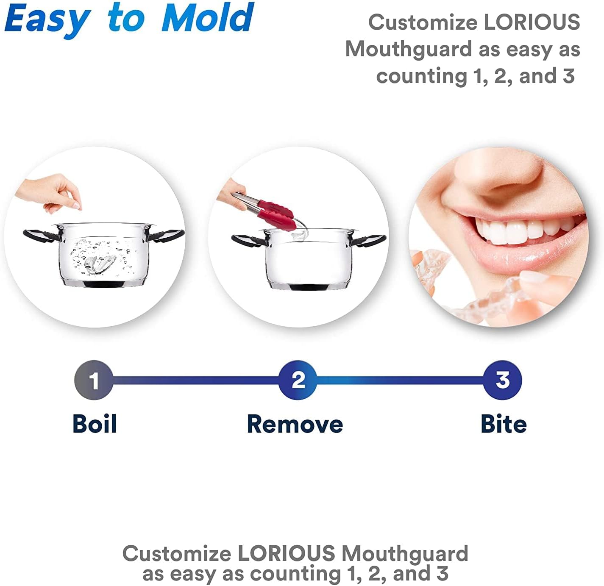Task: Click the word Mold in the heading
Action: (x=208, y=18)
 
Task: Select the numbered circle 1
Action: (x=94, y=380)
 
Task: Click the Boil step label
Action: (x=95, y=424)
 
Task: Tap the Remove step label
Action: (x=295, y=424)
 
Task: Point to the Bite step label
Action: (x=504, y=424)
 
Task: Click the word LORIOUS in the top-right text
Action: (x=532, y=22)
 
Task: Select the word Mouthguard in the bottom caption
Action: (x=405, y=553)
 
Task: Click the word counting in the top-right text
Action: (x=421, y=76)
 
